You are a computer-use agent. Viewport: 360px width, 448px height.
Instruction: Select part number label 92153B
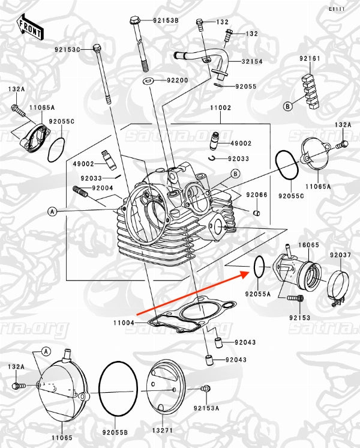(x=166, y=20)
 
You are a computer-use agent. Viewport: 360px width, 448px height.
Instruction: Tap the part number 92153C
(x=67, y=49)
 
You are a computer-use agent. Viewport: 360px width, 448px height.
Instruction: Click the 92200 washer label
(x=177, y=80)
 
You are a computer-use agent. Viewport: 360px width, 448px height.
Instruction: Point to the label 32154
(x=253, y=62)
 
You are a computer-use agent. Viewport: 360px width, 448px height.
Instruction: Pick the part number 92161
(x=310, y=58)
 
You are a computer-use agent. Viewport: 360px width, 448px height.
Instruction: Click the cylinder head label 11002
(x=220, y=108)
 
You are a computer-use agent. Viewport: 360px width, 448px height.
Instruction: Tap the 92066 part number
(x=256, y=195)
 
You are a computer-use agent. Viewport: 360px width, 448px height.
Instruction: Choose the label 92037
(x=341, y=256)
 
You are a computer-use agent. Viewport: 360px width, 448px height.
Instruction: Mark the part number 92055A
(x=257, y=294)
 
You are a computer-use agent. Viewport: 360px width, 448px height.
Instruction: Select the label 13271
(x=161, y=431)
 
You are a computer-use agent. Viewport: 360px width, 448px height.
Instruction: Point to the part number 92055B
(x=114, y=431)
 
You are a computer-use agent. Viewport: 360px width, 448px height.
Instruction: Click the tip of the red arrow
(x=248, y=272)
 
